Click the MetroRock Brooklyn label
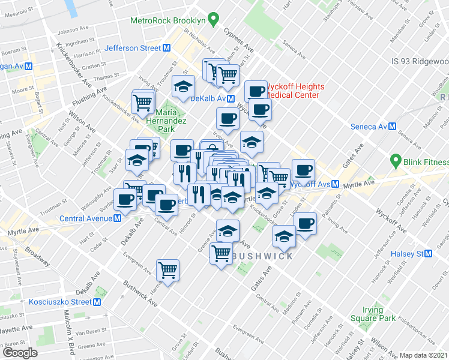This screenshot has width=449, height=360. pos(168,20)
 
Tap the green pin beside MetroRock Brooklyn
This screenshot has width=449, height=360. pos(212,20)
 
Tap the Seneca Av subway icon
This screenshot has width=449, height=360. pos(392,127)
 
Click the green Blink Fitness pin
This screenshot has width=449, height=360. pos(395,161)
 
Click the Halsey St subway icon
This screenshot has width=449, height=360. pos(428,254)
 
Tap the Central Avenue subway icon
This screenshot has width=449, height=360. pos(118,218)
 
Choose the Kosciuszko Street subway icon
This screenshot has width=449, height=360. pos(95,301)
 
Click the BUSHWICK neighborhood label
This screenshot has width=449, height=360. pos(262,256)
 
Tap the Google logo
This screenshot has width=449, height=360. pos(20,353)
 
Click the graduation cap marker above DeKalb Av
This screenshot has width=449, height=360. pos(183,86)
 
